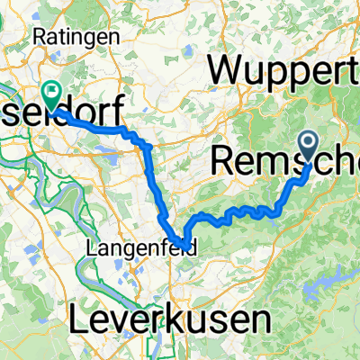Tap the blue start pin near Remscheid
308,145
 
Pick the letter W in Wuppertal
227,69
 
